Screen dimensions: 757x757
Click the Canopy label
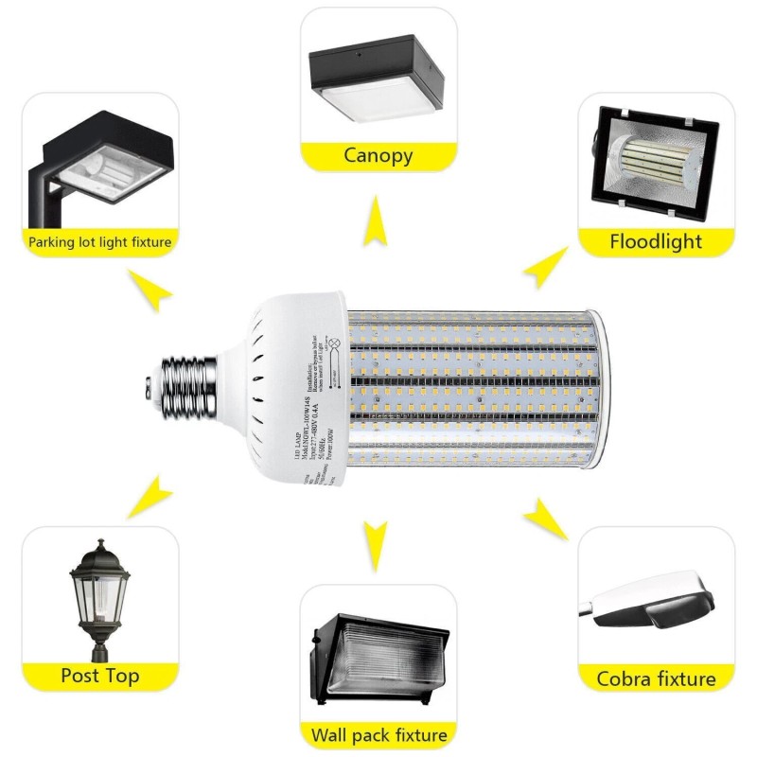pos(378,155)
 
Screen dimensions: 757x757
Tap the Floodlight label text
pos(656,240)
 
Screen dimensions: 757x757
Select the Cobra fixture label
pos(656,678)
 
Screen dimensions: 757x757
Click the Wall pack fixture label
pos(378,734)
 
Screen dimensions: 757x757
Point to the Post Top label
pos(100,676)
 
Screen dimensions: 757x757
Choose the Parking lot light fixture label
pos(100,242)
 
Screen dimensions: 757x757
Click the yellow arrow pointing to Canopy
pos(378,224)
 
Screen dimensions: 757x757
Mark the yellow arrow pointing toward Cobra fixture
pos(544,519)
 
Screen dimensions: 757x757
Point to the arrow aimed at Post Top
pos(151,497)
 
